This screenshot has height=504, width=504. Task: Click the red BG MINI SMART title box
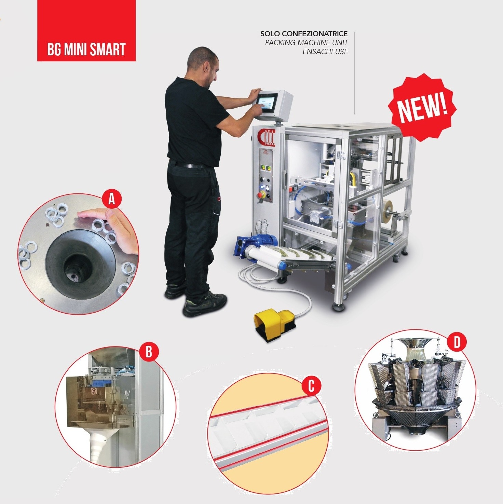tap(86, 31)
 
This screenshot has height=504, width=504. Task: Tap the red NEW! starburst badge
tap(422, 106)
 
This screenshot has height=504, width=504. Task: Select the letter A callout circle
tap(111, 200)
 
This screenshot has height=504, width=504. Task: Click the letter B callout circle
tap(149, 352)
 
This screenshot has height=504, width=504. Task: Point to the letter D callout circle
tap(457, 343)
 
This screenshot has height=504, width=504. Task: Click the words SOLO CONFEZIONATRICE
tap(304, 34)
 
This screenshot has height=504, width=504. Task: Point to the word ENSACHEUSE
tap(325, 52)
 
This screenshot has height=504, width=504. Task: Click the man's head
tap(203, 63)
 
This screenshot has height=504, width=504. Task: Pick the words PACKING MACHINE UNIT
tap(307, 43)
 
